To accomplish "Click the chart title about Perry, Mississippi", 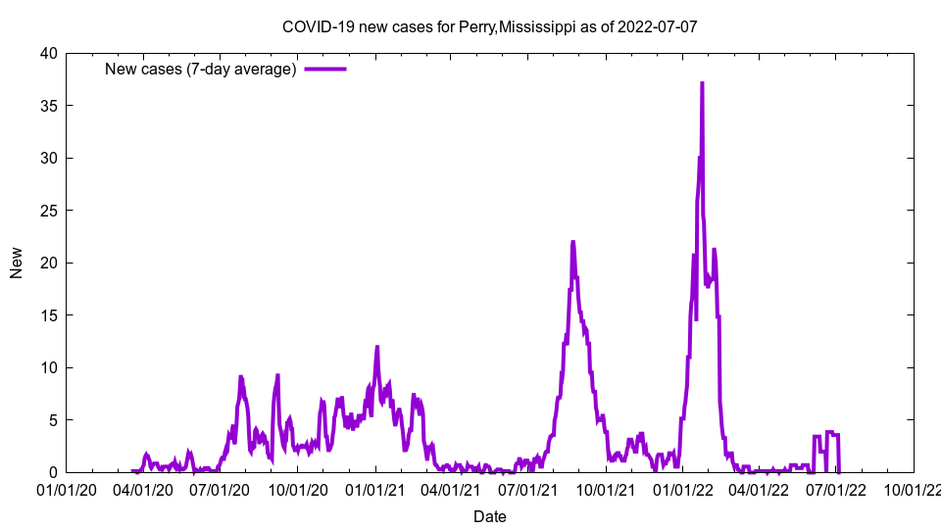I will [489, 26].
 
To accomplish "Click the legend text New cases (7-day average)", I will [201, 69].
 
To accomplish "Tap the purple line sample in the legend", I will [325, 69].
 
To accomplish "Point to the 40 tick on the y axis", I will [48, 53].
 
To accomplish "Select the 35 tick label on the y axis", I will [48, 106].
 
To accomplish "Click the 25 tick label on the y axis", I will [48, 211].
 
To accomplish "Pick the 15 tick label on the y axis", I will [48, 315].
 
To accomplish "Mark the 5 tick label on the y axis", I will [52, 420].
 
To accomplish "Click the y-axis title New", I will [17, 263].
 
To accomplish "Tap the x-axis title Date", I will [489, 516].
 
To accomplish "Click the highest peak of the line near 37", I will [702, 83].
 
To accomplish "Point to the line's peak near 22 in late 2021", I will [572, 242].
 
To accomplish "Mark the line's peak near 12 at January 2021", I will [376, 347].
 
